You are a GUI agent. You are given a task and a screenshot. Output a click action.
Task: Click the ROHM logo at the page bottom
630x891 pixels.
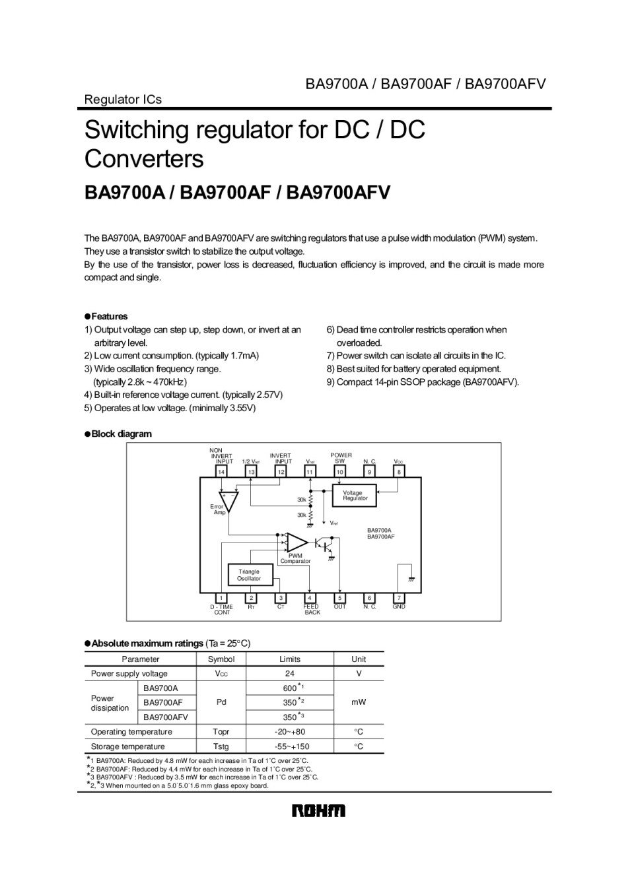318,810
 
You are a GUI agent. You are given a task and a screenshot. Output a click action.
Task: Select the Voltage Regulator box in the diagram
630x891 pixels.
355,495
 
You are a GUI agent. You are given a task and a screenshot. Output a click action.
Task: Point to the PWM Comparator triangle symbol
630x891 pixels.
297,543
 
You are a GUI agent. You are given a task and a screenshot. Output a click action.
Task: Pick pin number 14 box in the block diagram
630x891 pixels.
221,472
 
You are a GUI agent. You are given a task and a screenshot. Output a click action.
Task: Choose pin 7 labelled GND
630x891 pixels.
399,598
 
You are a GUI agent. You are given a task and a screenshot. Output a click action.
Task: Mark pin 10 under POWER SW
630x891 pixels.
339,472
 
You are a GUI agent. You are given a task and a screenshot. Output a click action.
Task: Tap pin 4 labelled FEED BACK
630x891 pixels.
310,598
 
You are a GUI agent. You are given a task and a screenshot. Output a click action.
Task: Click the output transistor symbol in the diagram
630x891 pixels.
325,544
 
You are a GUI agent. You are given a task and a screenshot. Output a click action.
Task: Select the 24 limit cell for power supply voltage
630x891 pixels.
289,674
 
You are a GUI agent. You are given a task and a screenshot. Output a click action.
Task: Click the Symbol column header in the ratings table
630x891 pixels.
221,659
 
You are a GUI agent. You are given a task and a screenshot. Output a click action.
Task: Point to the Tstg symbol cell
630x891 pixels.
221,746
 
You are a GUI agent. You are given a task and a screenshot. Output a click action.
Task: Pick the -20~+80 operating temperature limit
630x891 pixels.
289,732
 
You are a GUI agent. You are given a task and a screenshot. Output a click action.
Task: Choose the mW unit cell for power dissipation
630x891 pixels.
359,702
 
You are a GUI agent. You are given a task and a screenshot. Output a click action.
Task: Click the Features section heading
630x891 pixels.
109,316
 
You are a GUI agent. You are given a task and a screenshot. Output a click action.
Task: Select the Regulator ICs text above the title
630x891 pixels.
123,100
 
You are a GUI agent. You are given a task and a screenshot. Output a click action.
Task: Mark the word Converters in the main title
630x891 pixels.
144,159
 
